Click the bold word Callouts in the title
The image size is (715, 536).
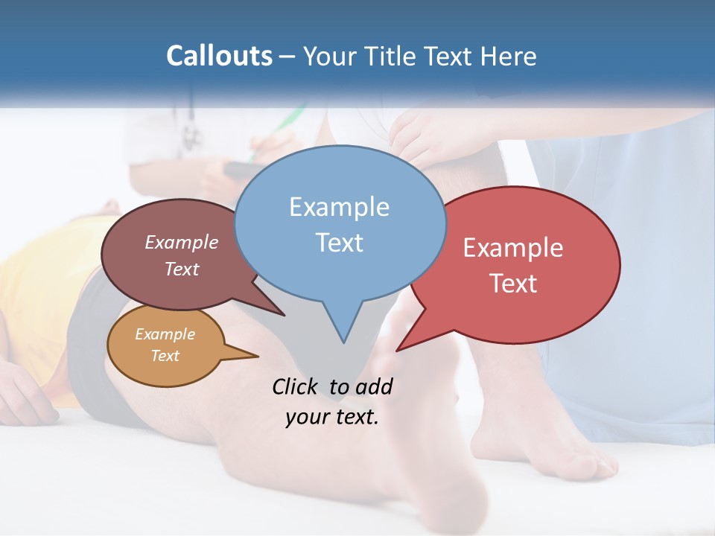coord(219,56)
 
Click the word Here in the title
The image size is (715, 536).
coord(508,56)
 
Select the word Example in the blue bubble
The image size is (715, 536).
coord(339,207)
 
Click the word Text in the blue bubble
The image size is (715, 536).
coord(339,243)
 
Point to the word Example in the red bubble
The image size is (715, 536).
coord(512,248)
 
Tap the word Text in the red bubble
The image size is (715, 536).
coord(512,284)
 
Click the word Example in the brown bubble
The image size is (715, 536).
coord(181,243)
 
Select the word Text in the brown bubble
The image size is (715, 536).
coord(181,269)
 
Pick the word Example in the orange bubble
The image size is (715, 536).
coord(165,334)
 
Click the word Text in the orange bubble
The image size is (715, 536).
coord(165,356)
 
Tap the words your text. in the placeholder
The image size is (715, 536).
coord(332,417)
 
